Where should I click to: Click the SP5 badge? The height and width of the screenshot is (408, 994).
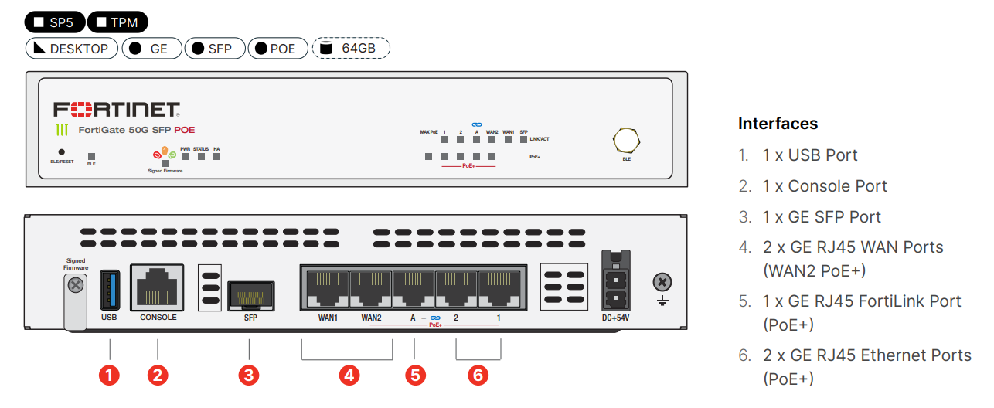coord(55,22)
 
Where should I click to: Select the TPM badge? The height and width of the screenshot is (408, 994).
coord(117,22)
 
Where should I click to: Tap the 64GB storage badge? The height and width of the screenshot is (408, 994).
coord(351,49)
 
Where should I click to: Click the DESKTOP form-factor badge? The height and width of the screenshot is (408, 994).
coord(72,49)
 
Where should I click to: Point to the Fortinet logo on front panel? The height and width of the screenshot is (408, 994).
coord(117,109)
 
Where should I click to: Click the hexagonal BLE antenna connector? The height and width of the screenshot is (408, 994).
coord(626,141)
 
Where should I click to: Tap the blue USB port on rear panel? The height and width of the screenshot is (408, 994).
coord(108,289)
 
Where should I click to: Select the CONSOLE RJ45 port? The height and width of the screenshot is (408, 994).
coord(158,287)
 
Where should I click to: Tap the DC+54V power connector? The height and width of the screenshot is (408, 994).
coord(616,289)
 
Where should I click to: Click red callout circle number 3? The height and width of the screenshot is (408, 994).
coord(248,376)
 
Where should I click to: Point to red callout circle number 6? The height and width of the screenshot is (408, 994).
coord(478,376)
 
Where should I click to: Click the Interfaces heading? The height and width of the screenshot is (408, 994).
coord(778,124)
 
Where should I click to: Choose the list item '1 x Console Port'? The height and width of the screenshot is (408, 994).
coord(825,186)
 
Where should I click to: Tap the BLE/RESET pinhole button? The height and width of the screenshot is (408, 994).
coord(62,152)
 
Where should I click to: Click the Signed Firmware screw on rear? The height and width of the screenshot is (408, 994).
coord(76,286)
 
